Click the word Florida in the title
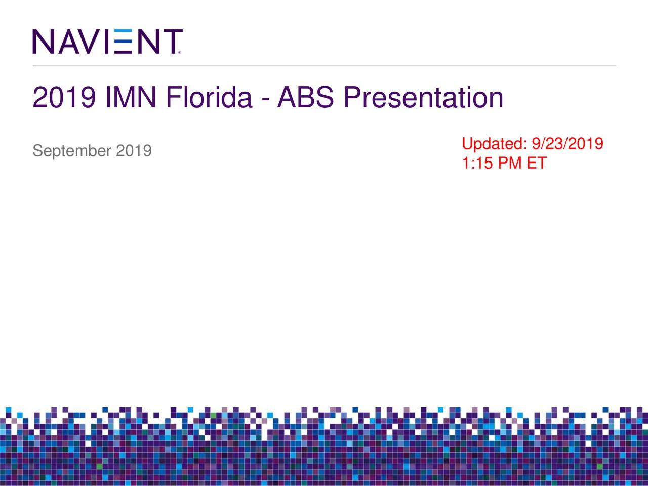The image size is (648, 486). [209, 98]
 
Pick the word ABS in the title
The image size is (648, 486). [305, 98]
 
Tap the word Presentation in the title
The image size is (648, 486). [423, 98]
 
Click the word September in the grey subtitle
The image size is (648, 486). [71, 151]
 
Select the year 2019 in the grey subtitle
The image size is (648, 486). [134, 151]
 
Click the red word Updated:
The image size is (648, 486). [494, 144]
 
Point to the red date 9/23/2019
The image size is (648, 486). [567, 144]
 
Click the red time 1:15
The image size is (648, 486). [477, 163]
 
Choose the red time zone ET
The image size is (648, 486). [537, 163]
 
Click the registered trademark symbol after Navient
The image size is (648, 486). [180, 52]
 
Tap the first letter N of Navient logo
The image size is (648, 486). [44, 42]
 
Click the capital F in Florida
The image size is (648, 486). [173, 98]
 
